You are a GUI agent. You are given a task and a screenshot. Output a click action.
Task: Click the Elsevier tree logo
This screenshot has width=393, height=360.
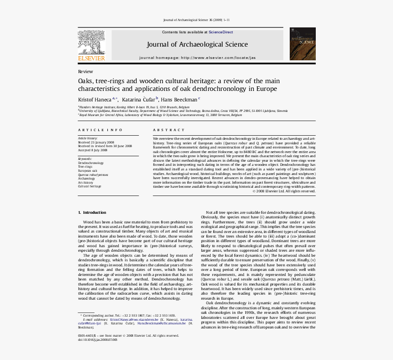(x=91, y=42)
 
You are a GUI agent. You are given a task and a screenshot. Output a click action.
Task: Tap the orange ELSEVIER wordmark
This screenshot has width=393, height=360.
(x=91, y=58)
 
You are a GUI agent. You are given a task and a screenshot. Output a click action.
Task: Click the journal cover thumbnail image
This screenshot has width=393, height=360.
(x=302, y=44)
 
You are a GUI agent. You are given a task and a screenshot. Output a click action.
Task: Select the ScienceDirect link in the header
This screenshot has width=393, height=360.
(x=221, y=32)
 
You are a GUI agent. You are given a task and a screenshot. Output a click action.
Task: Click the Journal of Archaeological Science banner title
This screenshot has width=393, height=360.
(x=197, y=44)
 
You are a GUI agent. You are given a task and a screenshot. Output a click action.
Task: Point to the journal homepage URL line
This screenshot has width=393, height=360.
(x=197, y=58)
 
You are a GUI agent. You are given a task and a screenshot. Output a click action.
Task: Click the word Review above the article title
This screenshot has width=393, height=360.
(x=85, y=72)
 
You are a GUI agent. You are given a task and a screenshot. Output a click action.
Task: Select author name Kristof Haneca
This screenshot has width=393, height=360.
(x=95, y=99)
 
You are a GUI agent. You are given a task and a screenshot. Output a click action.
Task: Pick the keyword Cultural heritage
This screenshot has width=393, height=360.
(x=90, y=186)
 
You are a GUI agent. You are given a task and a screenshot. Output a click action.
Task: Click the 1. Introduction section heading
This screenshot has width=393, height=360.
(x=92, y=212)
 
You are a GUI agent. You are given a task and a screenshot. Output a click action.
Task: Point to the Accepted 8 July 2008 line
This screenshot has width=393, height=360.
(x=93, y=150)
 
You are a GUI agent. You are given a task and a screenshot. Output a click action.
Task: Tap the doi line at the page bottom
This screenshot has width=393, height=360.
(x=97, y=339)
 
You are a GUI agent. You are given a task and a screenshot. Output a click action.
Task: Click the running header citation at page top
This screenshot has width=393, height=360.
(x=196, y=20)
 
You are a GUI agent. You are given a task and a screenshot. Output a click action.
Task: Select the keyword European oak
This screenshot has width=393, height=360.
(x=88, y=171)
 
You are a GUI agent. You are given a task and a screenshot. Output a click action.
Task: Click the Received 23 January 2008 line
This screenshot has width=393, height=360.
(x=96, y=142)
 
